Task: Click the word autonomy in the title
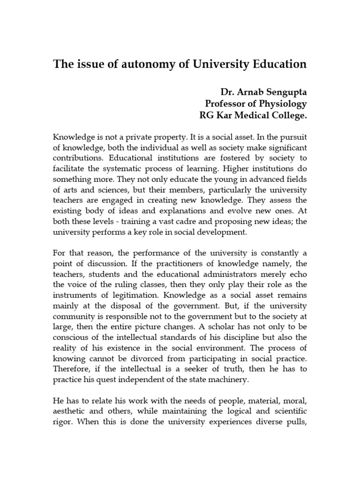[129, 65]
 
